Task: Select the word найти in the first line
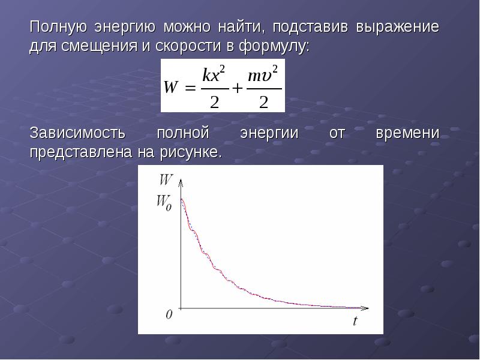click(x=241, y=27)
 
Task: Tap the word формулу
click(x=274, y=47)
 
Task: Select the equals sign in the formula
click(x=190, y=88)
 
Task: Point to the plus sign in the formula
click(x=237, y=88)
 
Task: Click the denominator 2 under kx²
click(x=214, y=102)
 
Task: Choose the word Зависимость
click(x=77, y=133)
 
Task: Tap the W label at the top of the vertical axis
click(x=166, y=179)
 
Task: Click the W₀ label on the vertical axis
click(x=164, y=203)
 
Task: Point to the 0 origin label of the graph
click(x=169, y=314)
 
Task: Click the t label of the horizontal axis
click(x=355, y=320)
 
